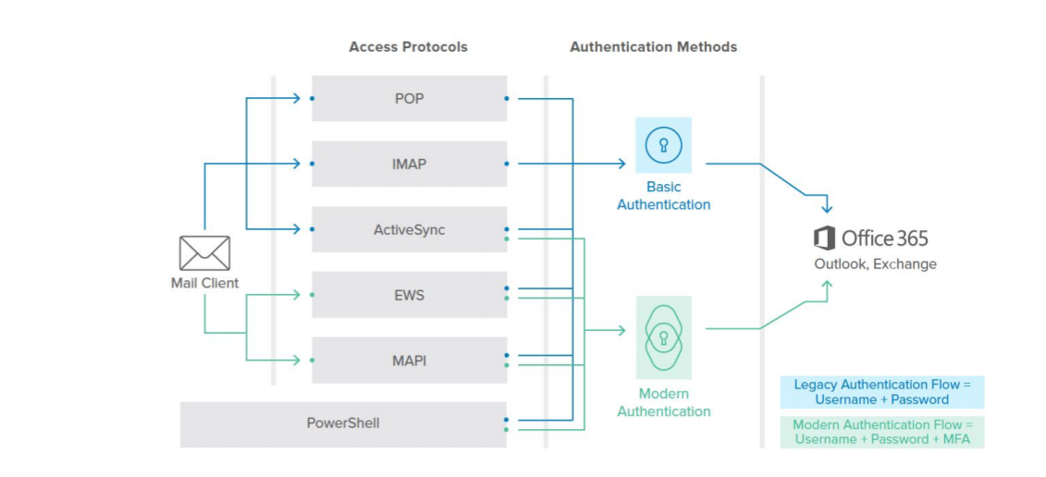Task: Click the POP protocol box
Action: (409, 98)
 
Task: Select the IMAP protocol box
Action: (409, 164)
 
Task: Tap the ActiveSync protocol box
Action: (409, 229)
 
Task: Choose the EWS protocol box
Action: (409, 295)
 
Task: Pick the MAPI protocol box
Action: (409, 361)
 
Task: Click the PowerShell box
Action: (343, 424)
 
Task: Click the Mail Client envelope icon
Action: (204, 252)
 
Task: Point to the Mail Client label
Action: (204, 283)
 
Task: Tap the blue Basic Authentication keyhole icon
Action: (663, 145)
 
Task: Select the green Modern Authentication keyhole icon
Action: (663, 336)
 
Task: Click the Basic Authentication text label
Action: (663, 196)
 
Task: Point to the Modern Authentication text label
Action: (663, 402)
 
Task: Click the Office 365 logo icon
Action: (824, 238)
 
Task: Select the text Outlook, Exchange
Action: (875, 264)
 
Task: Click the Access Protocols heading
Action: (408, 46)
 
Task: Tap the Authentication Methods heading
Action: (653, 46)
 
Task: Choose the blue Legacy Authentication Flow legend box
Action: (881, 392)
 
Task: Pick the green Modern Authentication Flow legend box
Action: (881, 432)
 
